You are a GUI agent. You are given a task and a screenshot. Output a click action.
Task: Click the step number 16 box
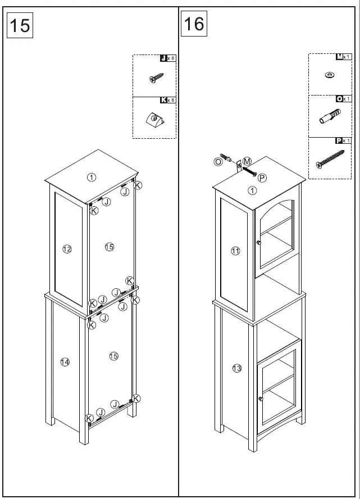(x=194, y=24)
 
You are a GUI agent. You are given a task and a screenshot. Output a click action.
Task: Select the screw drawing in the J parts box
(x=156, y=79)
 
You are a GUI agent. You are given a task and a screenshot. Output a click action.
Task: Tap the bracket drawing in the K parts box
(x=154, y=119)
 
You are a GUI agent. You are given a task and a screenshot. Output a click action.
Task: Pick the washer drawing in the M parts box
(x=329, y=75)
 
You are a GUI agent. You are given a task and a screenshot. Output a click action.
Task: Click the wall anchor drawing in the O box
(x=329, y=118)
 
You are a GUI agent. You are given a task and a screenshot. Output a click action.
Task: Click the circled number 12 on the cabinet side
(x=67, y=249)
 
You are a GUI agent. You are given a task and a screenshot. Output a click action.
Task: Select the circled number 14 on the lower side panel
(x=65, y=362)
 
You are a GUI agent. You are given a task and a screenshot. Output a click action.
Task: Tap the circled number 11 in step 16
(x=235, y=251)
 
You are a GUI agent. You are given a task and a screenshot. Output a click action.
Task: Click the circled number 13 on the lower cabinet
(x=236, y=368)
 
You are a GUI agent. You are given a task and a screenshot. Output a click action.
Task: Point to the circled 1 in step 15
(x=92, y=177)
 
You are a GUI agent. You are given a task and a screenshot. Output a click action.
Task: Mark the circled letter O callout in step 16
(x=218, y=161)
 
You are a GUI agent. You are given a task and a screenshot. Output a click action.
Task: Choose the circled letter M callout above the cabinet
(x=247, y=161)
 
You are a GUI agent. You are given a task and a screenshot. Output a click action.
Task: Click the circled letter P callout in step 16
(x=262, y=178)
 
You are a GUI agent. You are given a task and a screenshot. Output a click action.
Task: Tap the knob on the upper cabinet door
(x=258, y=243)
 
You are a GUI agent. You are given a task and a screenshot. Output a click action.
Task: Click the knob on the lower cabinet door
(x=261, y=398)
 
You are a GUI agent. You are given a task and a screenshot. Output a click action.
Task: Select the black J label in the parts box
(x=163, y=58)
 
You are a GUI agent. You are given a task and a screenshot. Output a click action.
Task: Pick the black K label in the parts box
(x=163, y=100)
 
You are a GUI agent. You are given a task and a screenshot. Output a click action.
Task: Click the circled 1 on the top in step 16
(x=252, y=190)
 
